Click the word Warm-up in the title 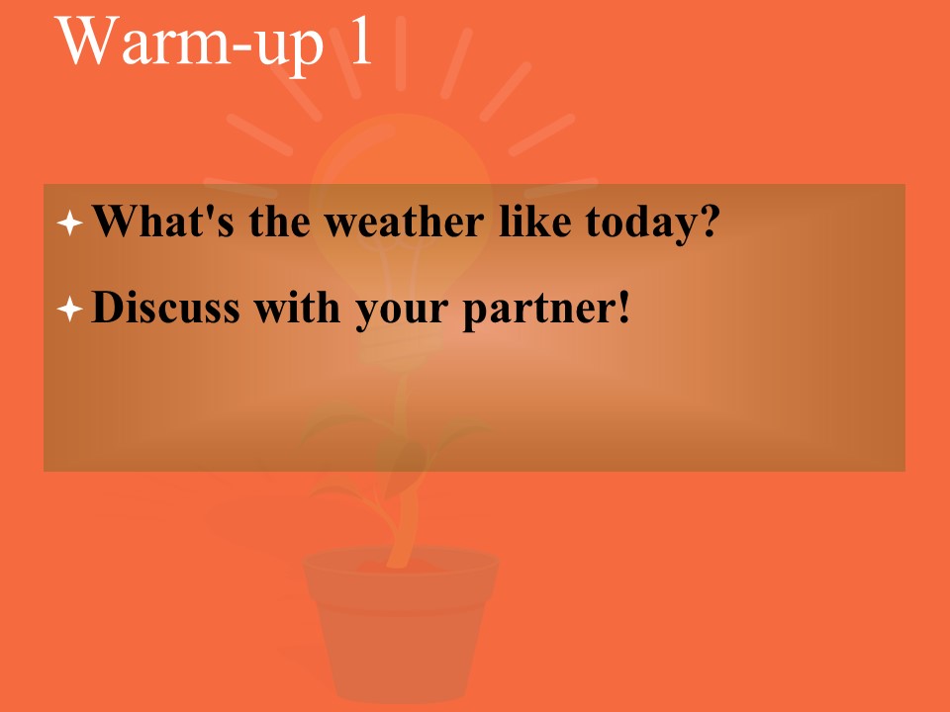189,42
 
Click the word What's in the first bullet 163,221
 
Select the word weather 404,221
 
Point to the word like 535,221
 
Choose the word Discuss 165,307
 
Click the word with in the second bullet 296,307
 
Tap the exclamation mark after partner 623,307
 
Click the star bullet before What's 69,222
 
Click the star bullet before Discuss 69,309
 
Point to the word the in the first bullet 279,221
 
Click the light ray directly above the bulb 401,53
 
